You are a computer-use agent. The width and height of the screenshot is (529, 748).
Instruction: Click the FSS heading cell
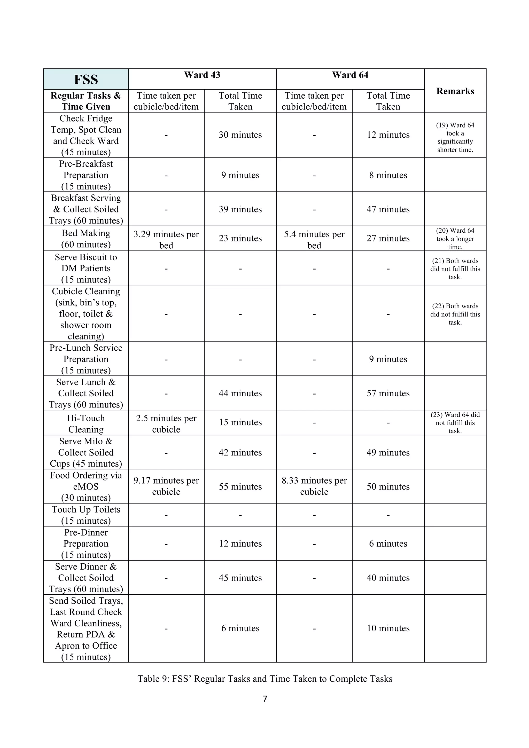86,80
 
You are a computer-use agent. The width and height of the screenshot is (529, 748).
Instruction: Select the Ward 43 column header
202,75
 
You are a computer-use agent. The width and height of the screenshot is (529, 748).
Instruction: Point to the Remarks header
455,91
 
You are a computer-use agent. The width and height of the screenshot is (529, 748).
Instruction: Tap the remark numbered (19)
455,137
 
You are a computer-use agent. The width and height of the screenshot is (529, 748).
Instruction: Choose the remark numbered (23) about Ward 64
455,423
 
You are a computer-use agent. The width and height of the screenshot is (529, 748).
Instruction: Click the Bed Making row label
86,239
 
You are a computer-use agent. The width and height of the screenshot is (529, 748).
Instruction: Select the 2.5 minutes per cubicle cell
166,423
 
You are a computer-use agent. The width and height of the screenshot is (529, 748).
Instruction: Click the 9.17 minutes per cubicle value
166,486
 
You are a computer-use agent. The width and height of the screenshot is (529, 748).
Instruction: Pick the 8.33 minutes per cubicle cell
314,486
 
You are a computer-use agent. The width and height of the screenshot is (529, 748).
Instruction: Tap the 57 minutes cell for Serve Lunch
388,393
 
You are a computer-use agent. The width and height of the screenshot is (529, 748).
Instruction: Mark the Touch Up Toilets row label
86,515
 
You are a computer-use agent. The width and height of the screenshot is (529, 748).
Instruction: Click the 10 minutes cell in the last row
388,628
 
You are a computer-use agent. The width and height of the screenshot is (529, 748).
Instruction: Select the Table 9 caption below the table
265,679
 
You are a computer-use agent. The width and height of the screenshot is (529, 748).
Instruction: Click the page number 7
265,699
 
